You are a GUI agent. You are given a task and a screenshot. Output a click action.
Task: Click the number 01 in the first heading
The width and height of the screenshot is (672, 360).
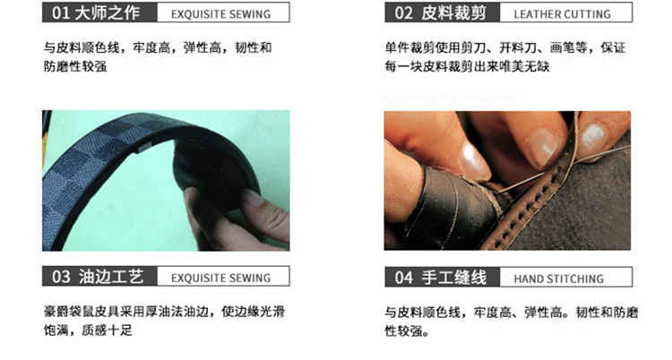[x=60, y=13]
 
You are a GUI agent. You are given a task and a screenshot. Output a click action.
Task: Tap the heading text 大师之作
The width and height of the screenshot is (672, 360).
[x=108, y=13]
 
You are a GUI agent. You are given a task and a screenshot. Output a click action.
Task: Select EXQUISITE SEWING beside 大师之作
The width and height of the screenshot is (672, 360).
[x=220, y=14]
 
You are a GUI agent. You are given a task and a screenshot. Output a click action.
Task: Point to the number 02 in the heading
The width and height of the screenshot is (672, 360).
[x=403, y=13]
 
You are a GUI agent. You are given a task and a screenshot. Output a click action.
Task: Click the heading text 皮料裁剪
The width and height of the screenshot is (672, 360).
[x=454, y=13]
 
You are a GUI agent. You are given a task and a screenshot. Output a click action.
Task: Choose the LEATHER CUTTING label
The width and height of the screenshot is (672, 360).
[x=563, y=14]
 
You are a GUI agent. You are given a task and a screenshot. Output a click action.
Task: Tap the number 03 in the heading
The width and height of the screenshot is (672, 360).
[x=61, y=277]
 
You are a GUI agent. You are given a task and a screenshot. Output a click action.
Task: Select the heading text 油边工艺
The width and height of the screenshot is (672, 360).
[x=111, y=277]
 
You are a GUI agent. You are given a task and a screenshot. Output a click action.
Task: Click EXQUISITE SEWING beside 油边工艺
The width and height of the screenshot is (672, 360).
[x=220, y=279]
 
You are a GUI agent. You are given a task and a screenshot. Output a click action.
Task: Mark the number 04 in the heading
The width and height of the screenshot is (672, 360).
[x=404, y=278]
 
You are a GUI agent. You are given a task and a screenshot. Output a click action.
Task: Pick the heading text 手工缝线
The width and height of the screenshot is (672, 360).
[x=454, y=278]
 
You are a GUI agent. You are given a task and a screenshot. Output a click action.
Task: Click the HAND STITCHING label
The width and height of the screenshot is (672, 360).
[x=559, y=279]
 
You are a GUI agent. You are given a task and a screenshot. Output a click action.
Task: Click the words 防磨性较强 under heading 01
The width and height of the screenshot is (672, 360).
[x=75, y=66]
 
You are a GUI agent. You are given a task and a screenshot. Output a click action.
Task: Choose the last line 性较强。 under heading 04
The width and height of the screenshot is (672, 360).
[x=407, y=330]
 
